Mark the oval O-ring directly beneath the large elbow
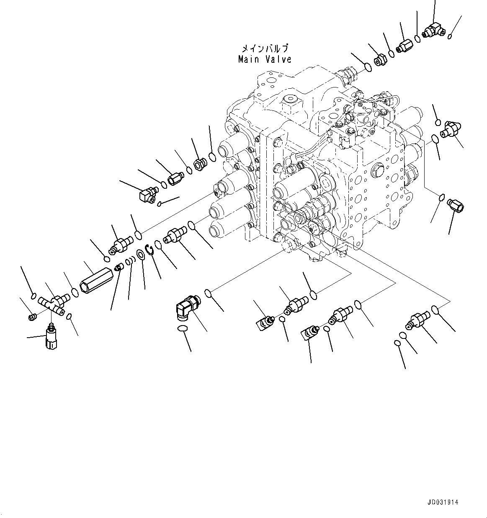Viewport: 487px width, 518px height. pyautogui.click(x=183, y=329)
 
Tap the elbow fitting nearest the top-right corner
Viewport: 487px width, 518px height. pyautogui.click(x=431, y=30)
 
